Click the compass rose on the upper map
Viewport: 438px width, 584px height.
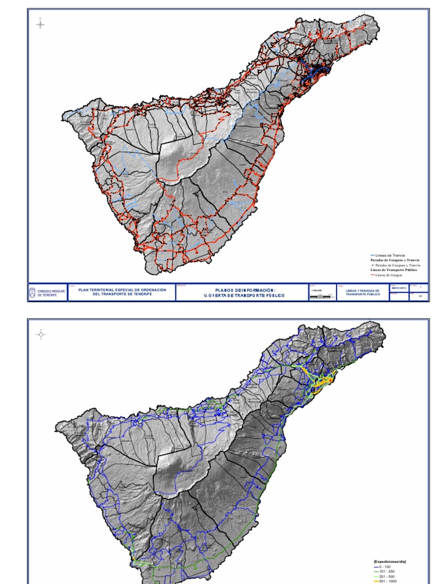(40, 25)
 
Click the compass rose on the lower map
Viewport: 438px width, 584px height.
(40, 335)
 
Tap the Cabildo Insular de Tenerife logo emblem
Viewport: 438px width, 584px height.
(33, 293)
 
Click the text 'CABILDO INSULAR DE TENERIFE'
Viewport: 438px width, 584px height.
(51, 293)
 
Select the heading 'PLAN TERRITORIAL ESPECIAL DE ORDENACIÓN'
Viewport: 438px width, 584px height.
(122, 290)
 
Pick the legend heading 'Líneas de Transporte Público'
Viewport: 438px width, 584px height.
(393, 270)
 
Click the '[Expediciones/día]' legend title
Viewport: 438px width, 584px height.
(390, 562)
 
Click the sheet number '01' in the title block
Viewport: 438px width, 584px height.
(420, 297)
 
